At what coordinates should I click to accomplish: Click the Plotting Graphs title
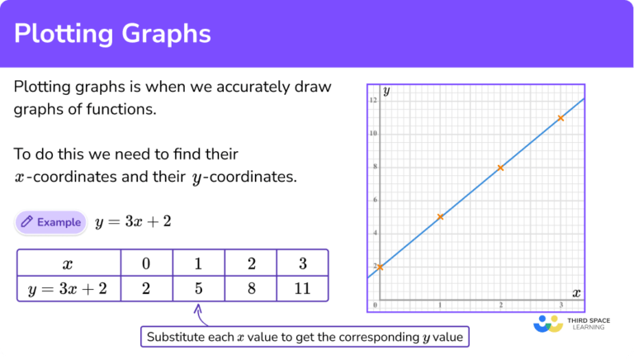114,34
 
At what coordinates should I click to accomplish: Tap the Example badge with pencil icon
50,221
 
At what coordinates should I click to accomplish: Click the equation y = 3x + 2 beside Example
134,221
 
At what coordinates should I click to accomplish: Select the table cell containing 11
302,288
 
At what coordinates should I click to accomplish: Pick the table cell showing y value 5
198,288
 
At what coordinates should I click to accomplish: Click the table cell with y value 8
250,288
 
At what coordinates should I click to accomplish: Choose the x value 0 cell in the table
146,263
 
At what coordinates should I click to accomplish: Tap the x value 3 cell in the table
302,263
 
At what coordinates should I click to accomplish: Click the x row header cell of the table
69,263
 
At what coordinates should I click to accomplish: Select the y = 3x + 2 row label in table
69,288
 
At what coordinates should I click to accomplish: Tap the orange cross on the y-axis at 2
380,267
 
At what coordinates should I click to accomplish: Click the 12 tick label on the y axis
374,101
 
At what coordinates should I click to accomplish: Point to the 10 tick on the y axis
374,134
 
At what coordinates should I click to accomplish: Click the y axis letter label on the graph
386,91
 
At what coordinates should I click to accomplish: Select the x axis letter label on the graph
575,293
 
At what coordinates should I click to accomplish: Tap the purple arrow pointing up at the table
198,313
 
